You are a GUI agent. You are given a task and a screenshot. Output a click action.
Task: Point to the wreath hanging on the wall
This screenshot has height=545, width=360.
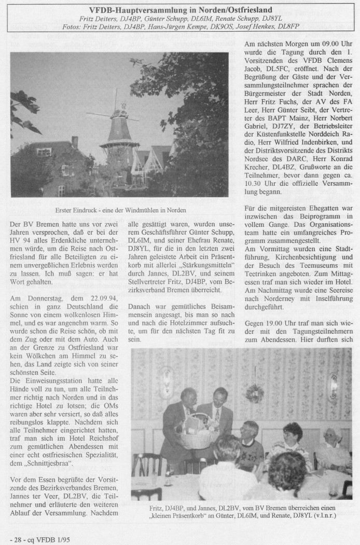[254, 392]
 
